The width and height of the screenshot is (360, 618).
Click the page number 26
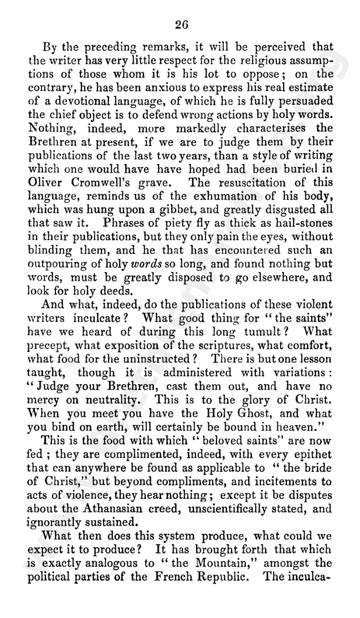click(x=181, y=24)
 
